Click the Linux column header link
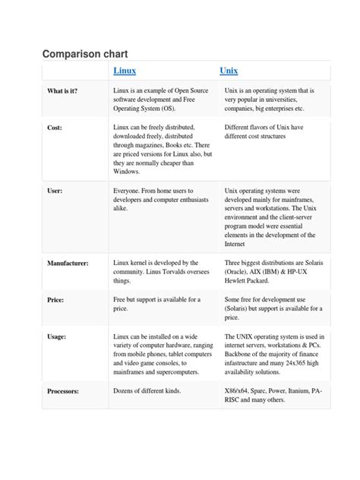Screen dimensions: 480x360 (125, 71)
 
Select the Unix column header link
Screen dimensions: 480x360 (229, 71)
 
